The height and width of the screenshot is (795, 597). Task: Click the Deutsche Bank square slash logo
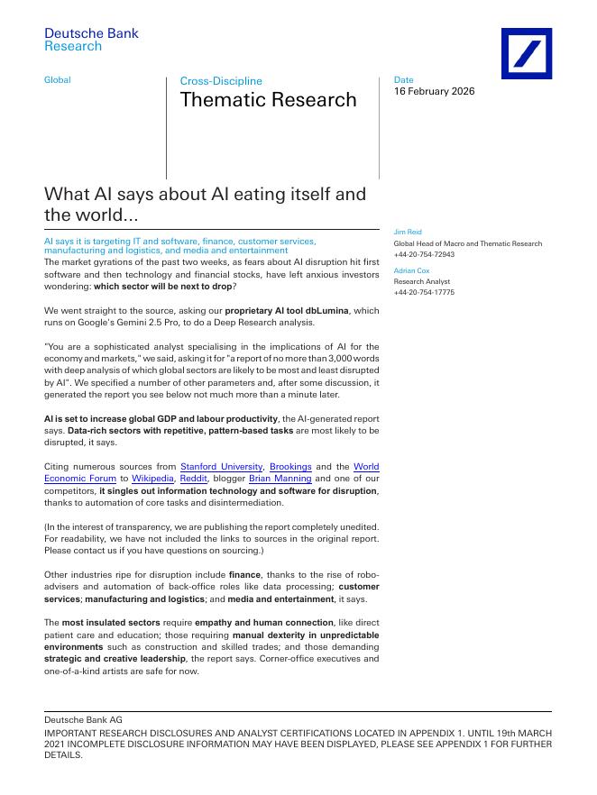point(527,53)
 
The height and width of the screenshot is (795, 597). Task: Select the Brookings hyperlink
point(290,466)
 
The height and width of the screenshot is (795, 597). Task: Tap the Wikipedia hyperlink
point(152,478)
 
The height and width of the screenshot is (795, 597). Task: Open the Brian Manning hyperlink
point(280,478)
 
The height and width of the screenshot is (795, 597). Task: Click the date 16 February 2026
point(434,91)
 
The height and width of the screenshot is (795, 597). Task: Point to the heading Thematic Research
point(268,100)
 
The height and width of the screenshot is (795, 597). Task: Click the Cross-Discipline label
point(221,81)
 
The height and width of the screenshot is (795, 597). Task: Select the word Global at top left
point(57,80)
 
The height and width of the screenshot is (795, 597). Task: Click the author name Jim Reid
point(408,233)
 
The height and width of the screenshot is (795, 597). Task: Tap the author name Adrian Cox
point(411,270)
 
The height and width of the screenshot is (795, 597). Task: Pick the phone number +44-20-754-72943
point(424,254)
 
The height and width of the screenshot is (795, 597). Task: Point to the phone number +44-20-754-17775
point(424,292)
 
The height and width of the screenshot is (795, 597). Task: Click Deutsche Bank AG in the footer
point(83,719)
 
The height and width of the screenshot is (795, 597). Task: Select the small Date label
point(403,80)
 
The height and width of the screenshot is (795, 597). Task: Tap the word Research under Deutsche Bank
point(73,46)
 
